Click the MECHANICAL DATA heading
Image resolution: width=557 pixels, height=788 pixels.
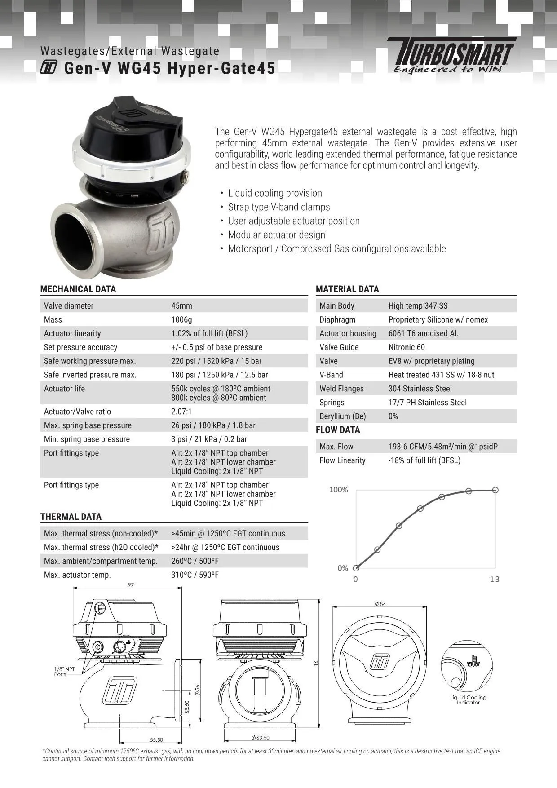[x=78, y=289]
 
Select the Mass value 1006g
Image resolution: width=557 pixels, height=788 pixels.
[x=181, y=319]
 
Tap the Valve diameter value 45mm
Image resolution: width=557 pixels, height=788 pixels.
[x=181, y=305]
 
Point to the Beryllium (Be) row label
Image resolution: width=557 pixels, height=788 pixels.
[x=342, y=416]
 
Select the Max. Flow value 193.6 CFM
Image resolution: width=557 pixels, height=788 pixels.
[x=443, y=447]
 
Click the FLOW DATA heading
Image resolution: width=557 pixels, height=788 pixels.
[x=338, y=430]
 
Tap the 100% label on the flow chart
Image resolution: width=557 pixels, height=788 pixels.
[x=339, y=490]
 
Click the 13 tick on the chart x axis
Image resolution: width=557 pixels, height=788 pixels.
[x=495, y=580]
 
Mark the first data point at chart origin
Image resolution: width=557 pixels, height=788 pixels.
[x=356, y=568]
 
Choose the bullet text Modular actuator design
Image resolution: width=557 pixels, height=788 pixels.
[x=276, y=235]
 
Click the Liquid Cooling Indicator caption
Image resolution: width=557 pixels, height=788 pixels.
[x=468, y=700]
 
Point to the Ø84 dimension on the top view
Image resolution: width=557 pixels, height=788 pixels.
[x=380, y=604]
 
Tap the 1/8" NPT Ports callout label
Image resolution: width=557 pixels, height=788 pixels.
[x=64, y=672]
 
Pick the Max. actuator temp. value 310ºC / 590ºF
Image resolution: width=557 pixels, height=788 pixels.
[x=195, y=575]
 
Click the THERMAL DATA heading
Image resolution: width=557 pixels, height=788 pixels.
[x=71, y=517]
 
